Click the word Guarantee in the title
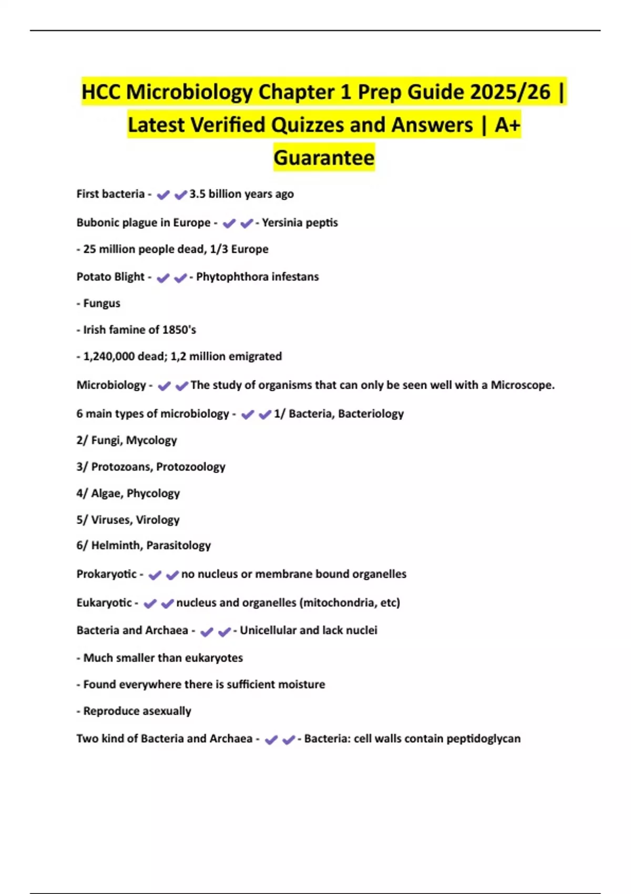pyautogui.click(x=324, y=157)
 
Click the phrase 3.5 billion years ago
pyautogui.click(x=241, y=194)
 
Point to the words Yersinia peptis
pyautogui.click(x=300, y=223)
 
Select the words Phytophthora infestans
pyautogui.click(x=257, y=277)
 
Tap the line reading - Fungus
pyautogui.click(x=98, y=303)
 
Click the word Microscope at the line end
pyautogui.click(x=522, y=385)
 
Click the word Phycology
pyautogui.click(x=154, y=493)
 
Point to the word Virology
pyautogui.click(x=158, y=520)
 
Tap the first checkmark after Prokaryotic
pyautogui.click(x=155, y=575)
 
